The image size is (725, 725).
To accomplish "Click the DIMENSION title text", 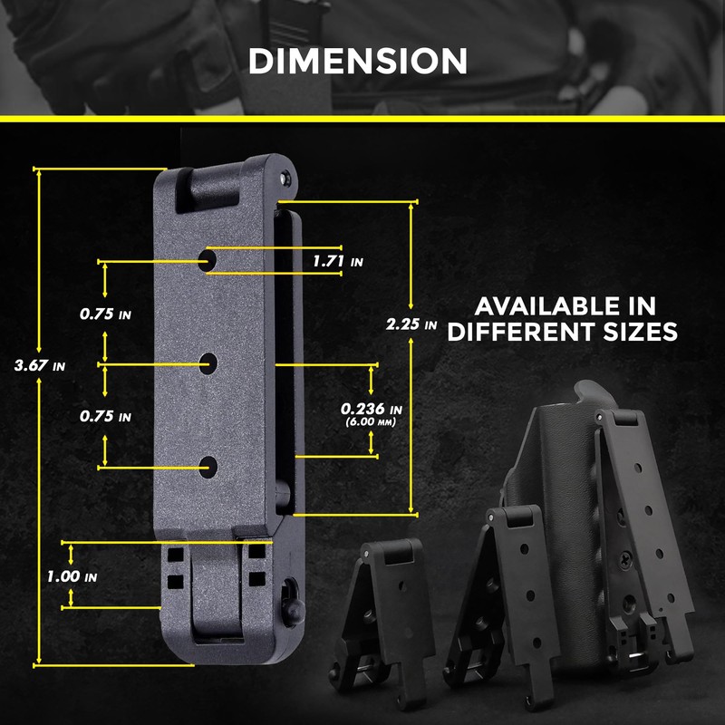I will [358, 61].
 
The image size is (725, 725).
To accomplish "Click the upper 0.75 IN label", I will [105, 314].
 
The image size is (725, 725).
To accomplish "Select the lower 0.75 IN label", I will [105, 417].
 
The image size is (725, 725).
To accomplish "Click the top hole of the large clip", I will [208, 260].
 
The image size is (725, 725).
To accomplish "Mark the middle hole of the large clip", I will [209, 363].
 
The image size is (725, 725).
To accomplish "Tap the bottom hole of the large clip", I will [209, 467].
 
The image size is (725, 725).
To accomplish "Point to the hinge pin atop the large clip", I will [285, 178].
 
